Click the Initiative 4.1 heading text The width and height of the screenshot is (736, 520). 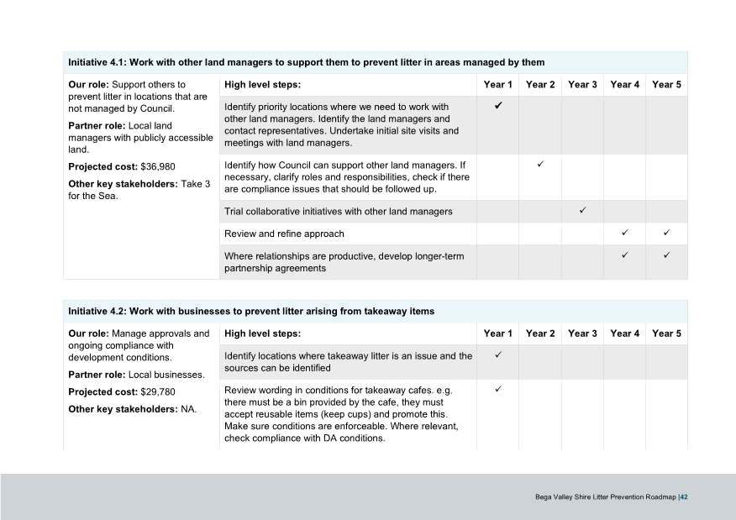306,62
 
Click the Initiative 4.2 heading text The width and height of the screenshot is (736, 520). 250,311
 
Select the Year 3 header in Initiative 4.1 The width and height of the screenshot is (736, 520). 582,85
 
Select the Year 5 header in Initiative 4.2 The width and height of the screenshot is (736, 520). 666,334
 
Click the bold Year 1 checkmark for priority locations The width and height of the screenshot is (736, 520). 498,106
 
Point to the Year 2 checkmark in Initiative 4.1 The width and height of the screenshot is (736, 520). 540,163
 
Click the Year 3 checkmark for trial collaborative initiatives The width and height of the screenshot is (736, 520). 582,210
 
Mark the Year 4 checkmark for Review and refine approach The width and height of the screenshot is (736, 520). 624,232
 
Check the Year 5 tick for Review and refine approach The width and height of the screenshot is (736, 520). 666,232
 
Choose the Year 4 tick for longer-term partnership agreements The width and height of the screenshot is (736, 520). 624,255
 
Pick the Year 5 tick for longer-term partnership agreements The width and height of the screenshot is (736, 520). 666,255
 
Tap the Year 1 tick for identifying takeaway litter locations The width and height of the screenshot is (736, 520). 498,355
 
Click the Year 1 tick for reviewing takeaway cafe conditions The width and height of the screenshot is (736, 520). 498,390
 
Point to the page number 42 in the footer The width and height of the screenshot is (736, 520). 685,497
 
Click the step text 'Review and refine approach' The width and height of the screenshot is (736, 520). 284,234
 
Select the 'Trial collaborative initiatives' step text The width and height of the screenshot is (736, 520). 338,211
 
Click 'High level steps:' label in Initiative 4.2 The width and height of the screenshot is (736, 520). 262,334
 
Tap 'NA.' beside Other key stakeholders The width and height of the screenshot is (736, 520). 189,409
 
